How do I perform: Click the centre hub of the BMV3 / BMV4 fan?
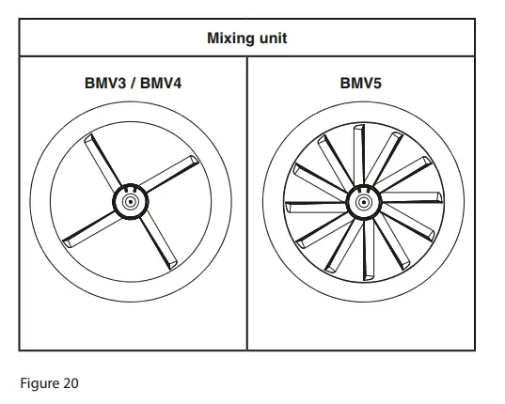[x=128, y=200]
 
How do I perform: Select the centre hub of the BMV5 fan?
[x=361, y=200]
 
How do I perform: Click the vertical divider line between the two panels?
[x=246, y=203]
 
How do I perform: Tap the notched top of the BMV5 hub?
[x=361, y=186]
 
